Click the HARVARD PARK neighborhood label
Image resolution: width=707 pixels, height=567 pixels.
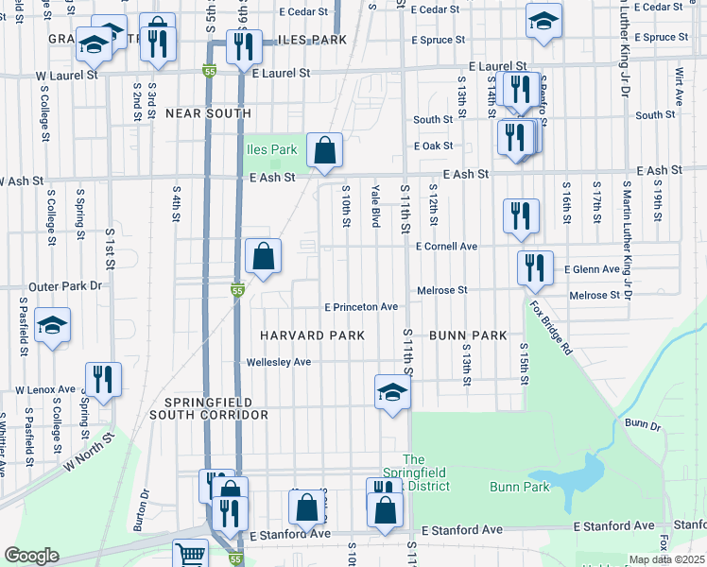313,335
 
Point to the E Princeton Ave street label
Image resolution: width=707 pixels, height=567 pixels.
361,307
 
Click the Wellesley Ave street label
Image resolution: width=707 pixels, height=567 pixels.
278,362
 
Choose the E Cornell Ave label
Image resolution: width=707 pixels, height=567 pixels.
446,247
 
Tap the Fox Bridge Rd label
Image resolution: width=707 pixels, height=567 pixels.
550,328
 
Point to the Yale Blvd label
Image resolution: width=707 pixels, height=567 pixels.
376,206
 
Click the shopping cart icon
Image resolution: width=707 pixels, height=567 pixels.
191,555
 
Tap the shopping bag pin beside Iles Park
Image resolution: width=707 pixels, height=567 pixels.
324,149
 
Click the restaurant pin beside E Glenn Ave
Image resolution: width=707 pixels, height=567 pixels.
534,267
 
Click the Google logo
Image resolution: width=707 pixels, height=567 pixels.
32,557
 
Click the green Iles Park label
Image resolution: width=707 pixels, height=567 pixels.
272,148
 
